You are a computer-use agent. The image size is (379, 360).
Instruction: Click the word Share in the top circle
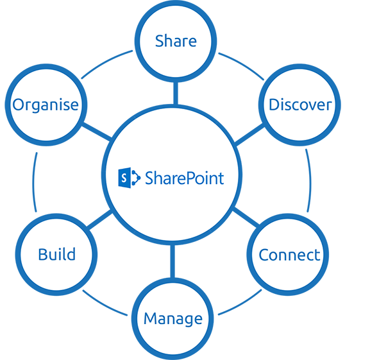click(176, 40)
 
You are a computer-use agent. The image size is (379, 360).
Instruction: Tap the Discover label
click(300, 105)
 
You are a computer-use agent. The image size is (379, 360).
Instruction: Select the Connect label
click(289, 255)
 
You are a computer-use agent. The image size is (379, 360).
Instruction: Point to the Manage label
click(173, 319)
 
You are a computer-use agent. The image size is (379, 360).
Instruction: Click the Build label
click(57, 254)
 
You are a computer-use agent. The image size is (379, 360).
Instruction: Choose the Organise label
click(46, 105)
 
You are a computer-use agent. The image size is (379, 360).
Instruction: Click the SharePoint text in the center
click(185, 178)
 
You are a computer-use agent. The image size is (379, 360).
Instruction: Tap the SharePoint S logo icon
click(130, 178)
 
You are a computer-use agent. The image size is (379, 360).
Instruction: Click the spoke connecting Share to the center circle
click(176, 93)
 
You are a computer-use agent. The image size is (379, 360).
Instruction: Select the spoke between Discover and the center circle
click(249, 135)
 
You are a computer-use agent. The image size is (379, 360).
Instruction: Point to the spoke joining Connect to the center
click(246, 217)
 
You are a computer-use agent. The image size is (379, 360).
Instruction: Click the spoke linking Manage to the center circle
click(173, 262)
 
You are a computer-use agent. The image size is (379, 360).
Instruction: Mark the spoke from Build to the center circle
click(99, 219)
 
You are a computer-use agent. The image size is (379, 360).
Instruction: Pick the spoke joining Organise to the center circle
click(97, 132)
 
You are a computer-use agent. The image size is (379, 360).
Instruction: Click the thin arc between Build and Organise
click(33, 182)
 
